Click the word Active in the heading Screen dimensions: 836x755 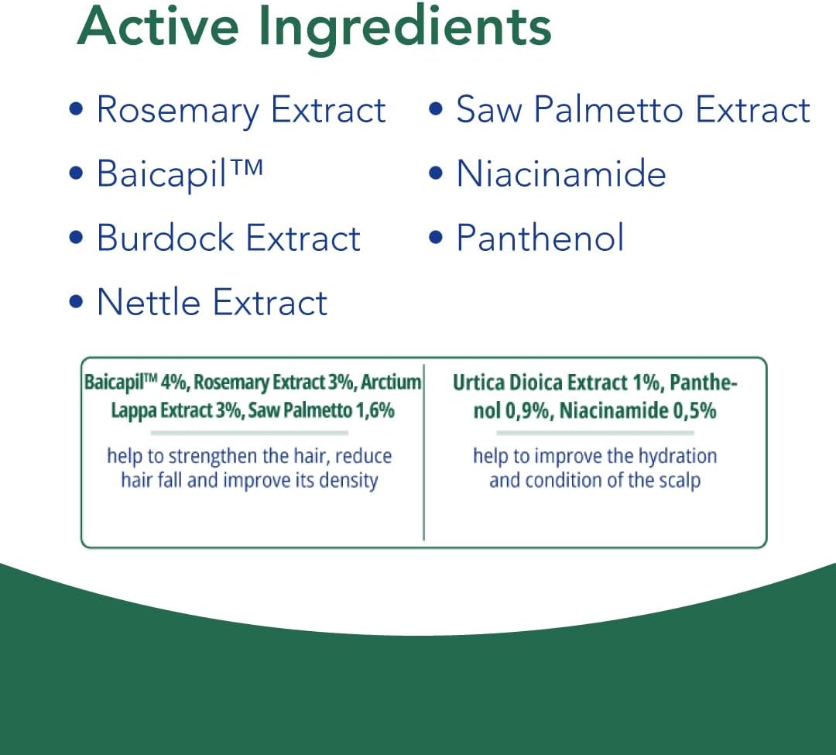point(159,26)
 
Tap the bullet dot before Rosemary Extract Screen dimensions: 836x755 point(76,108)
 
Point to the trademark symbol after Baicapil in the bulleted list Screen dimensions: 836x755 point(246,168)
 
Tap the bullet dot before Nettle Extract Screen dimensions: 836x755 point(76,301)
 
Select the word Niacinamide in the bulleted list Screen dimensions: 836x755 point(561,173)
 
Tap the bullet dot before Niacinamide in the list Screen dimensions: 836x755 point(436,173)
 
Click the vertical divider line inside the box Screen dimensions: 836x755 point(424,452)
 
